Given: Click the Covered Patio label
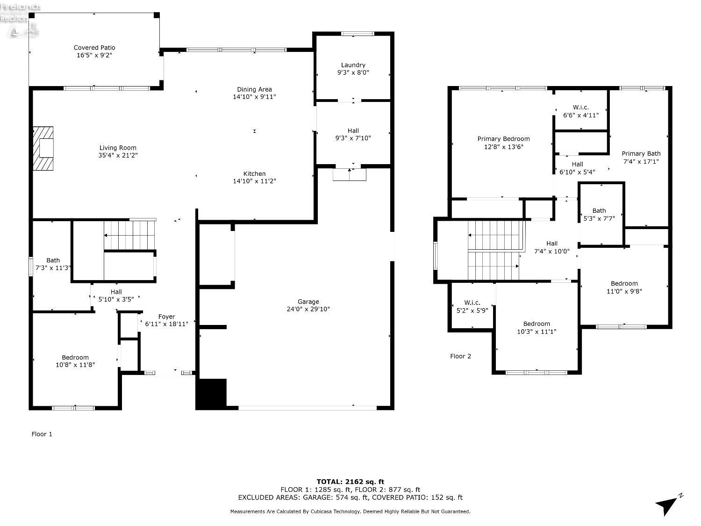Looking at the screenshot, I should (94, 48).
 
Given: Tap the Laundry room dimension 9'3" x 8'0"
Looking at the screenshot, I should (353, 73).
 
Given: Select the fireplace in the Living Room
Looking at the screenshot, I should (43, 148).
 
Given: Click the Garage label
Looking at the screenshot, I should (308, 302).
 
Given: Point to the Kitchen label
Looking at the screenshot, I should (254, 174).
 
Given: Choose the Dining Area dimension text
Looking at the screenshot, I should (254, 97).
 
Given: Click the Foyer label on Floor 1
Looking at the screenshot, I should (166, 317).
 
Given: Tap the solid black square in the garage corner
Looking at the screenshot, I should (211, 393).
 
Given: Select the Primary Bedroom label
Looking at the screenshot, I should (503, 139).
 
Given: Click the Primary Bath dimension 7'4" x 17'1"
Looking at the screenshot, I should (641, 161).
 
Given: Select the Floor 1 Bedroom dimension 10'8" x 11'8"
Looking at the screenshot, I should (75, 365).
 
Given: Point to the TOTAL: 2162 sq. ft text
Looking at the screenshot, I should (350, 482).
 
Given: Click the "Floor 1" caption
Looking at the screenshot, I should (42, 434).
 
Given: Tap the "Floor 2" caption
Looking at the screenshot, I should (460, 356).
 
